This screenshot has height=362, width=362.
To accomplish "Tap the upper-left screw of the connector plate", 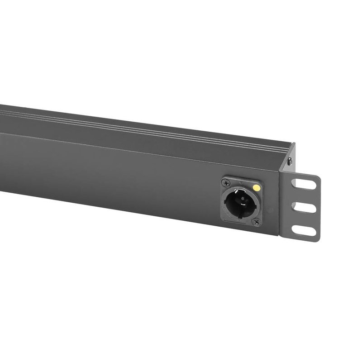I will click(226, 183).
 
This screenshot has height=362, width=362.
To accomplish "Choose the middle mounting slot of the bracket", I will click(305, 208).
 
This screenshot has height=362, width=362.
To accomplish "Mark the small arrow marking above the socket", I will click(240, 183).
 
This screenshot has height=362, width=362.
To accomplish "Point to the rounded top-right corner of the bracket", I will click(319, 177).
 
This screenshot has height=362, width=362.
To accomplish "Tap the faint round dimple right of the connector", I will click(270, 210).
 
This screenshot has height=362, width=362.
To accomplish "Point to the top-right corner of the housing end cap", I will click(295, 144).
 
